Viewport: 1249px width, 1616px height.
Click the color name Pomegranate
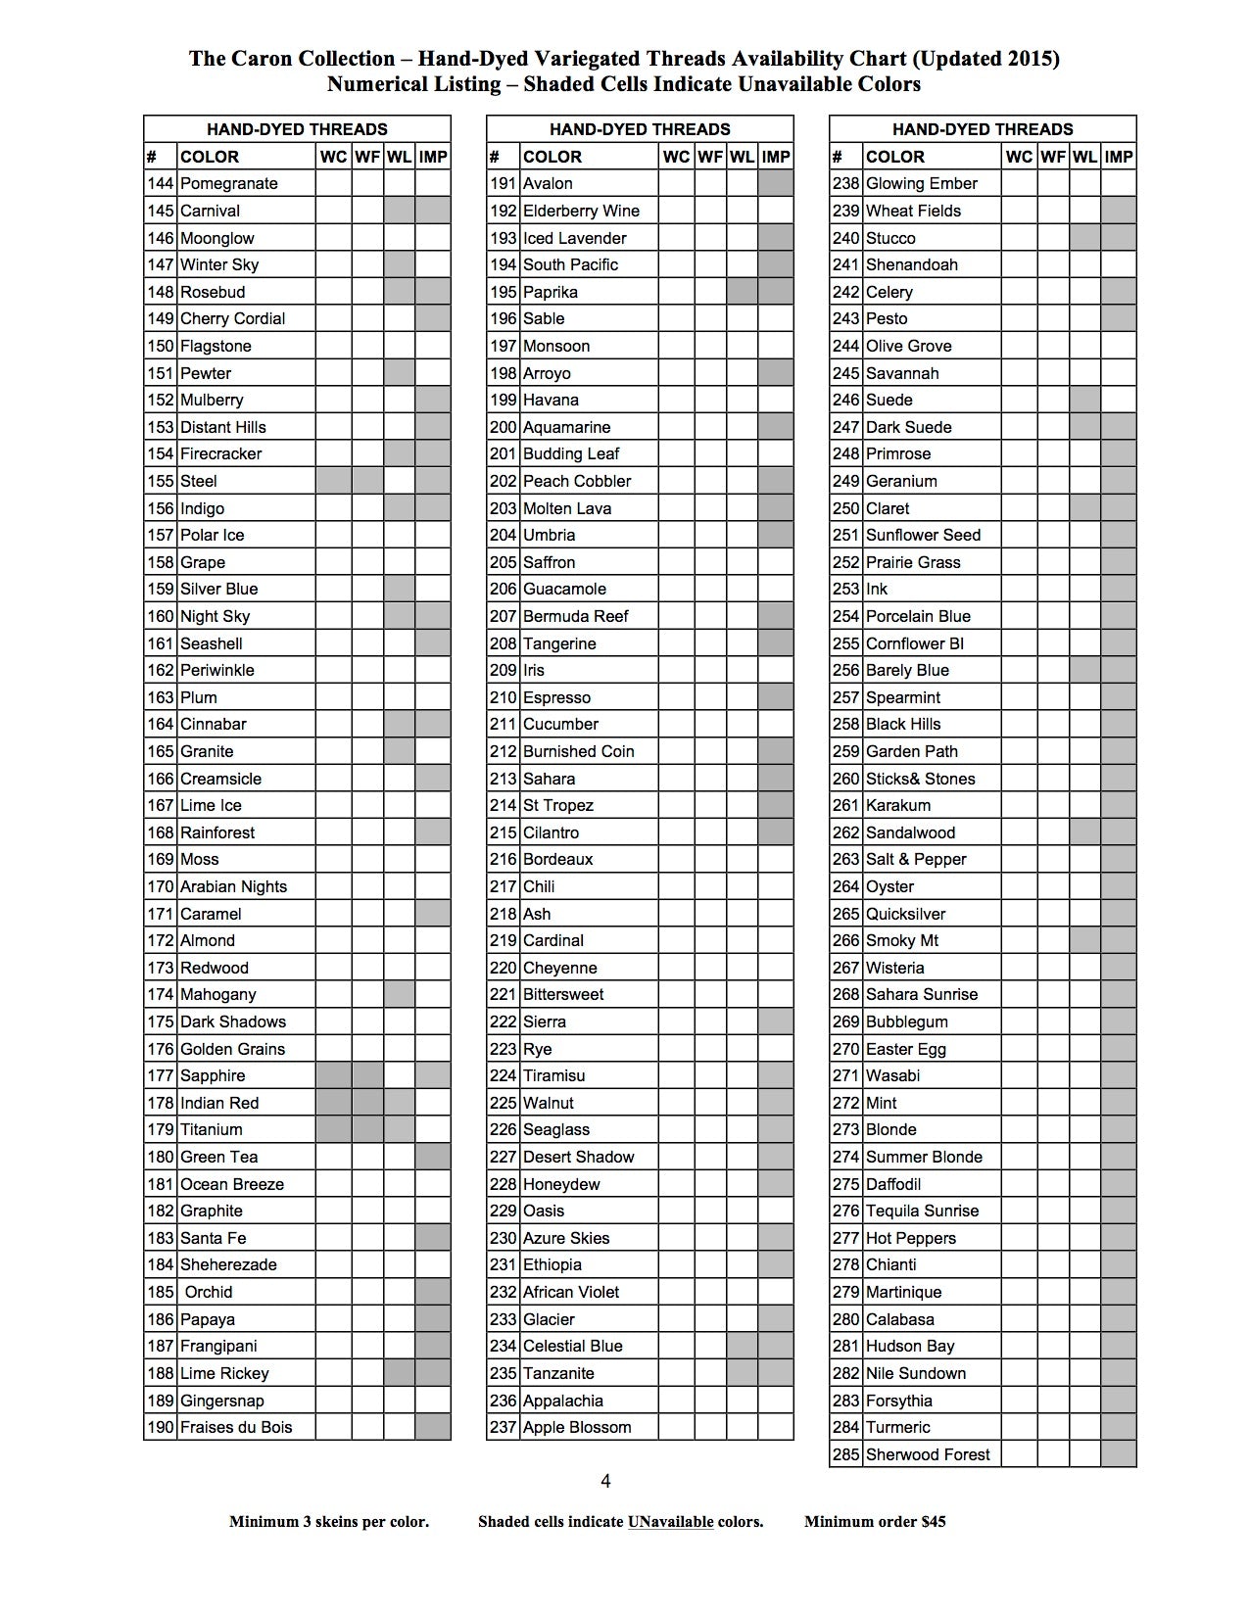click(228, 183)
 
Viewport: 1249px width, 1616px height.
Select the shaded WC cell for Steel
click(333, 481)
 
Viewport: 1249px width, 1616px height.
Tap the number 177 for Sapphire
click(160, 1075)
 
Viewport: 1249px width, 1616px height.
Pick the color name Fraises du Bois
click(235, 1427)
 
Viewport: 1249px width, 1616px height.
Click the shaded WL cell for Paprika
click(742, 292)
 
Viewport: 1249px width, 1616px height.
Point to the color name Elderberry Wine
click(580, 211)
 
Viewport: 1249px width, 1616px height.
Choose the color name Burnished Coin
click(578, 751)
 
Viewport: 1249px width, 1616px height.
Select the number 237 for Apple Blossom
click(503, 1427)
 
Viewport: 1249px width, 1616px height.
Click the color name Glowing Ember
click(921, 183)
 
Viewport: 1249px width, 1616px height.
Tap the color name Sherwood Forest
click(927, 1454)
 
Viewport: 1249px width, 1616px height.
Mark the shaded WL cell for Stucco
click(1084, 238)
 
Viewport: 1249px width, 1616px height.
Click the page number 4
click(605, 1481)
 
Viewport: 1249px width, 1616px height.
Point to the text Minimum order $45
click(875, 1521)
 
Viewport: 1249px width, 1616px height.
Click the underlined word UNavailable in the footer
click(670, 1521)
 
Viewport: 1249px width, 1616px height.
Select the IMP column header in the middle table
click(775, 157)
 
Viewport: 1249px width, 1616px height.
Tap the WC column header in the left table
click(333, 157)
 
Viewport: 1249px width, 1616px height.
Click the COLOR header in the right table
click(894, 157)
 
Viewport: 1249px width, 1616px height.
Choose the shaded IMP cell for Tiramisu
click(775, 1075)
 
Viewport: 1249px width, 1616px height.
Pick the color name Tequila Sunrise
click(922, 1211)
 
